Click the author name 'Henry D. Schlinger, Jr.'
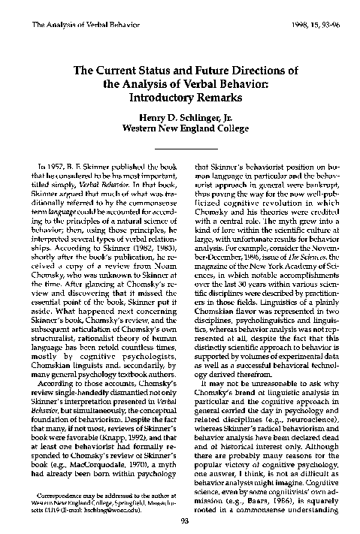coord(180,119)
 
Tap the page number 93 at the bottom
coord(180,523)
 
